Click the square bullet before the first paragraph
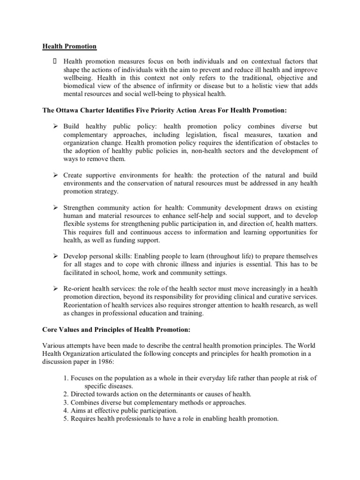(x=54, y=61)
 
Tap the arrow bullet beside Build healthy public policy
(x=54, y=127)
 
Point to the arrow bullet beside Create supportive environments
(x=54, y=175)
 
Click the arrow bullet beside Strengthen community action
(x=54, y=207)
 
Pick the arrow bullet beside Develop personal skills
(x=54, y=256)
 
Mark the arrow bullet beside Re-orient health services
(x=54, y=288)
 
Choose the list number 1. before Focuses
(x=66, y=378)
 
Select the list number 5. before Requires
(x=66, y=419)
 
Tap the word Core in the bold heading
(x=51, y=329)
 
